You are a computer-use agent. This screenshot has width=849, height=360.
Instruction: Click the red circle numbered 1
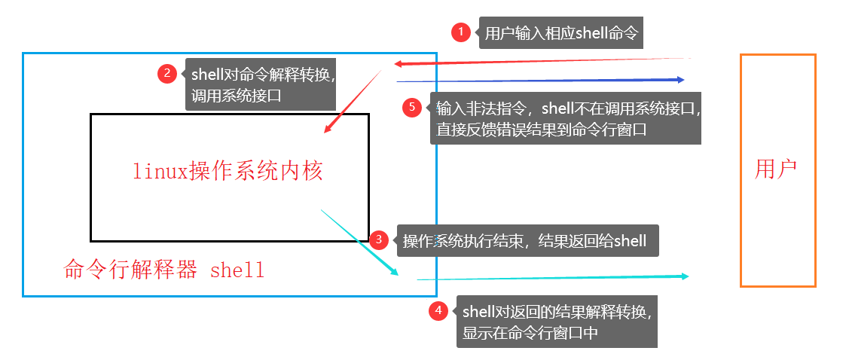click(461, 32)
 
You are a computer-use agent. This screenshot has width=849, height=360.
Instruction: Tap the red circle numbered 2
click(167, 74)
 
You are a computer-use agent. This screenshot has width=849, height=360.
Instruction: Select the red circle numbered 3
click(379, 239)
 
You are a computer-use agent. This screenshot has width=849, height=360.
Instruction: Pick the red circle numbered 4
click(438, 311)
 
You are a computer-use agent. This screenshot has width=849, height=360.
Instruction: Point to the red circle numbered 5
click(412, 107)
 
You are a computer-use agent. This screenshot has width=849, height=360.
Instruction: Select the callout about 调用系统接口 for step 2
click(260, 84)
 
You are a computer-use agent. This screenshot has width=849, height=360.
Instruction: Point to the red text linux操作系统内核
click(228, 171)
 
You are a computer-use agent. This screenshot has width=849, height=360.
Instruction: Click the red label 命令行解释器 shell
click(164, 269)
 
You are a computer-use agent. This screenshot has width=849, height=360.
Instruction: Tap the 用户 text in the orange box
click(776, 169)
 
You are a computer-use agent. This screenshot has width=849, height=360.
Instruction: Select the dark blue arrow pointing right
click(540, 81)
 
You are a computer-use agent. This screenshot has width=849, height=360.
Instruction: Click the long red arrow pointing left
click(542, 61)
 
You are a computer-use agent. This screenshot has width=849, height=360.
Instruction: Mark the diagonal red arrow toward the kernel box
click(353, 101)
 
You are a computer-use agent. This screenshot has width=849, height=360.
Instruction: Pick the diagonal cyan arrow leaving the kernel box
click(359, 243)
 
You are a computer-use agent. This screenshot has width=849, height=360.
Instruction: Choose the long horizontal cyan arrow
click(553, 278)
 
